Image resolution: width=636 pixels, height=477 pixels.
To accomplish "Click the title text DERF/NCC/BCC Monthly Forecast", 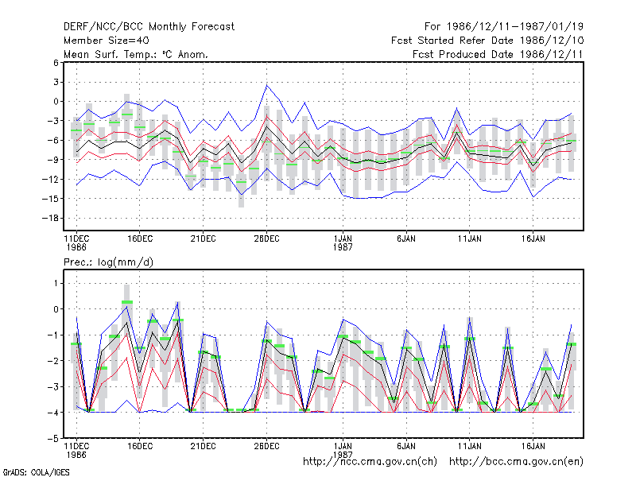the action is click(x=149, y=27).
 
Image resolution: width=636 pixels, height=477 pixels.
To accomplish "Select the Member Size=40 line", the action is click(x=107, y=41).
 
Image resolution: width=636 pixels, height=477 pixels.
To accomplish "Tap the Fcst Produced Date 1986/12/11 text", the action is click(x=498, y=54).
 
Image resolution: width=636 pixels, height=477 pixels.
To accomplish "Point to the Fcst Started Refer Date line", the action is click(x=487, y=41).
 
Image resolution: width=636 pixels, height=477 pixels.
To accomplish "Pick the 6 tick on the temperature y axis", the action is click(x=56, y=63).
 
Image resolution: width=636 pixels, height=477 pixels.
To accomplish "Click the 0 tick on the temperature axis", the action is click(x=56, y=102).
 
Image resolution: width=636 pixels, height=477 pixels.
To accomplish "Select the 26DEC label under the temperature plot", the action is click(x=266, y=239).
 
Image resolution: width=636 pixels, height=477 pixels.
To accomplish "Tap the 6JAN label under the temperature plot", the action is click(x=406, y=239).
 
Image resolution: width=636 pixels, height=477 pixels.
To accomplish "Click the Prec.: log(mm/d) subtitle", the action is click(x=108, y=262).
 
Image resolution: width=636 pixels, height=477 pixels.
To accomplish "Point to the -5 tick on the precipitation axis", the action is click(x=54, y=439).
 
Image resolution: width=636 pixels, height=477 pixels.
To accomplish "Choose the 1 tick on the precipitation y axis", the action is click(x=56, y=283).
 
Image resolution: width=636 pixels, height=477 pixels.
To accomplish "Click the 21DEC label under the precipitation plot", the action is click(x=204, y=446).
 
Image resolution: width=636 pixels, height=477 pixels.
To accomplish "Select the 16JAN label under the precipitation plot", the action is click(x=533, y=446).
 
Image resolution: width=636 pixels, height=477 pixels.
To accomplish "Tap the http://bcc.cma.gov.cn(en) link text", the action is click(x=516, y=462).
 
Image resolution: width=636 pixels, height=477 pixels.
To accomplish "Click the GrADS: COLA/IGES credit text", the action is click(x=36, y=472).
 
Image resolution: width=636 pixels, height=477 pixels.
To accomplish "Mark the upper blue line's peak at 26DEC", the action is click(x=266, y=85).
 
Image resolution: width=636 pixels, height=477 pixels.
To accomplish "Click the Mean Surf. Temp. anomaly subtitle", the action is click(x=136, y=54).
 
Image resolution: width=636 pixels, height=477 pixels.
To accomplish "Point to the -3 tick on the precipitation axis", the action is click(x=54, y=387).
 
